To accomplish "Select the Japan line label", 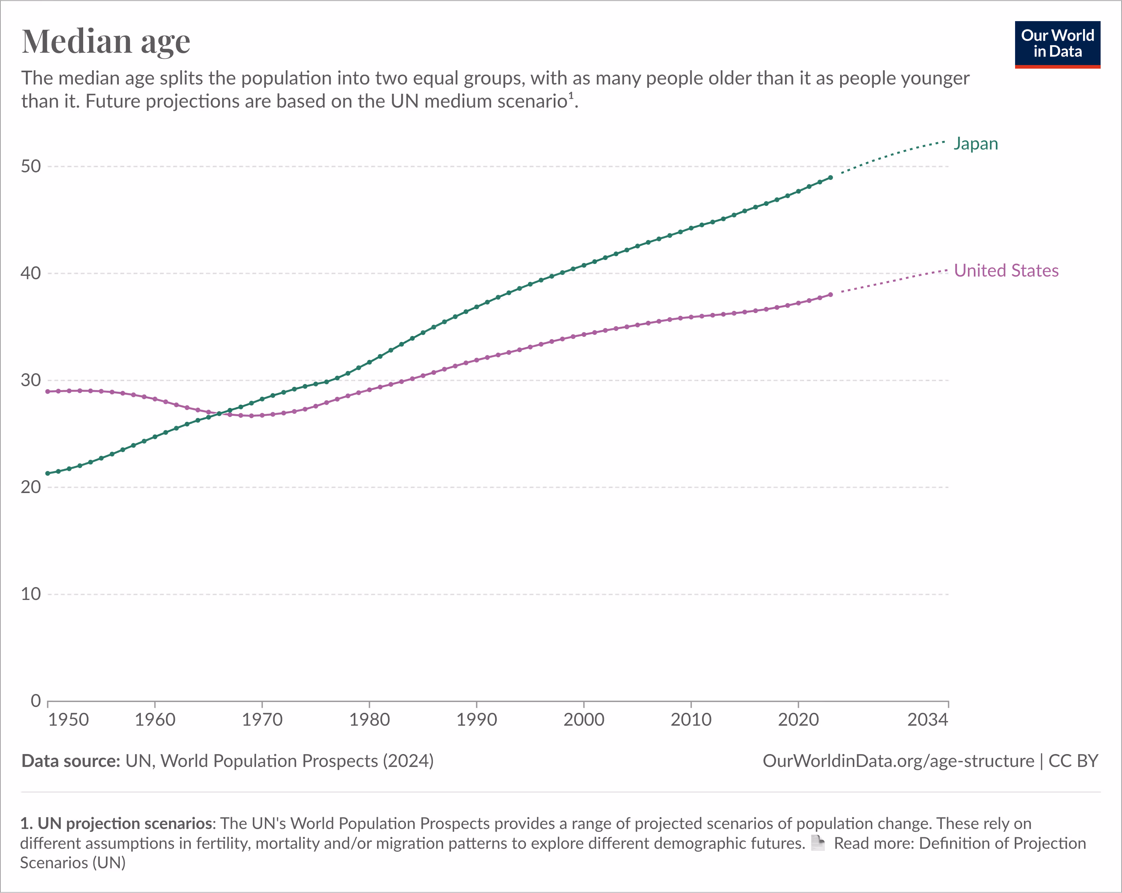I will point(975,144).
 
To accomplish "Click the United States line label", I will point(1006,271).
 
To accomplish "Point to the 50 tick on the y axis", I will point(31,167).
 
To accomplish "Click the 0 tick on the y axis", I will point(35,701).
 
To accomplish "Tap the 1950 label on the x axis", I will point(68,720).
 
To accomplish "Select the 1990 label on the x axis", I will point(476,720).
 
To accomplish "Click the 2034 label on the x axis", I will point(927,720).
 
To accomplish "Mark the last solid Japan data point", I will point(830,178).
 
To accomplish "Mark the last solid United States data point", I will point(830,295).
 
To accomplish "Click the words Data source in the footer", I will point(71,761).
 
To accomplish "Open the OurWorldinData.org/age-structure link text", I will point(898,761).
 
